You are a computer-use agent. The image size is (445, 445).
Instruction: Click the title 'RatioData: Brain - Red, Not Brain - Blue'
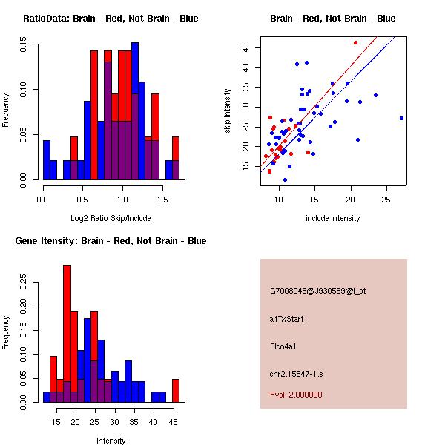tap(111, 18)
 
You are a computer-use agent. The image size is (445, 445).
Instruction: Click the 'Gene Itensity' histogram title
tap(111, 241)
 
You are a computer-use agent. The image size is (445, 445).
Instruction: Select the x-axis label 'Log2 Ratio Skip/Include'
tap(111, 218)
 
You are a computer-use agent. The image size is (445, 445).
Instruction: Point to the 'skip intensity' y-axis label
tap(228, 111)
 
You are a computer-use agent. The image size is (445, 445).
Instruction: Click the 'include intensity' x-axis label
tap(332, 218)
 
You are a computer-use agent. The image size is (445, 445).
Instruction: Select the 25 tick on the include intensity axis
tap(386, 200)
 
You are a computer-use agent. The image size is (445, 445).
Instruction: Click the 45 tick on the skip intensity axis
tap(246, 47)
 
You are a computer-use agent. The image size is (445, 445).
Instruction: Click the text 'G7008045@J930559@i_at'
tap(317, 291)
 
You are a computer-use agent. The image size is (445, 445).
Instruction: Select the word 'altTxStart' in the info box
tap(287, 319)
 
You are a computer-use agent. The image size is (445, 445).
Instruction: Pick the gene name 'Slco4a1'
tap(284, 346)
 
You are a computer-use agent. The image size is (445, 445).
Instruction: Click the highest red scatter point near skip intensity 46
tap(355, 42)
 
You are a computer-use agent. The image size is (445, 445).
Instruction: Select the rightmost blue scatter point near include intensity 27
tap(401, 118)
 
